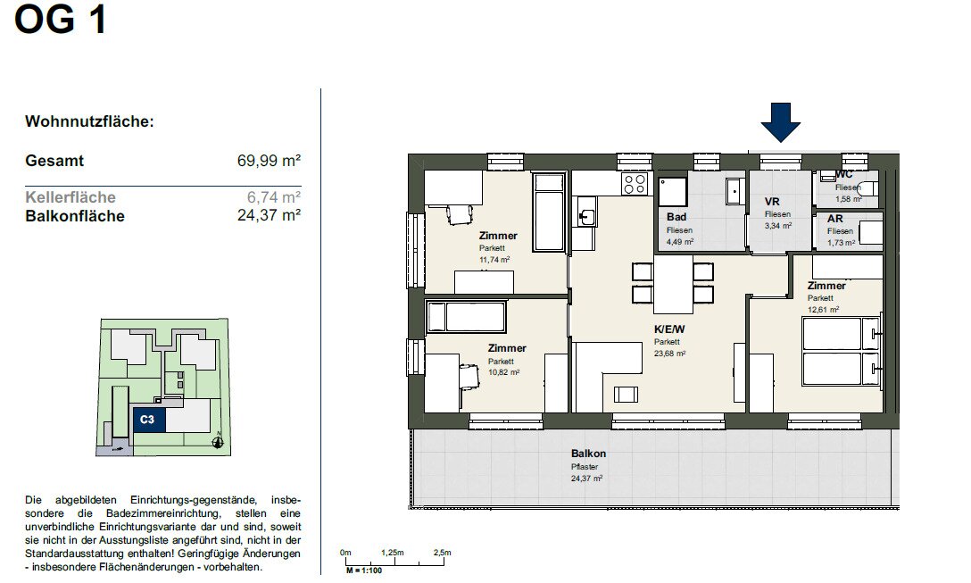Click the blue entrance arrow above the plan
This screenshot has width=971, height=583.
point(780,122)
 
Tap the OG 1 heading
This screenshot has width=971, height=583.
point(61,20)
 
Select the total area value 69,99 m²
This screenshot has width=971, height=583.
point(269,161)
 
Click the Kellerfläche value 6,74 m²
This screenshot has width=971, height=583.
point(274,197)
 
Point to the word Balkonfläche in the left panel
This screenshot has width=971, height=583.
point(75,216)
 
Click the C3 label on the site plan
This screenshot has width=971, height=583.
point(146,420)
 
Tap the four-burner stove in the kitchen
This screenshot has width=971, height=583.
point(635,184)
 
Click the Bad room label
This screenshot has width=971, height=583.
point(676,217)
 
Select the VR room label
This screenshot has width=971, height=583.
point(772,202)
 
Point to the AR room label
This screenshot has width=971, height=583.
point(834,219)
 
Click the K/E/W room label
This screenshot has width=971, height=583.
point(669,329)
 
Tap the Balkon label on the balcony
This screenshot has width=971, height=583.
point(588,454)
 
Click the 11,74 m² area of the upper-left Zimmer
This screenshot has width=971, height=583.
point(494,260)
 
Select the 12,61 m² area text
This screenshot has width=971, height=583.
point(823,310)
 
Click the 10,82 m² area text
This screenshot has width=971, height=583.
point(503,372)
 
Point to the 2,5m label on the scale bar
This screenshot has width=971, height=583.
point(442,553)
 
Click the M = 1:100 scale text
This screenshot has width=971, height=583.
point(364,571)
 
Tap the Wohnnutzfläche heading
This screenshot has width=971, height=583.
point(89,121)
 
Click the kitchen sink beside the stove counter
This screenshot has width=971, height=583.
point(585,216)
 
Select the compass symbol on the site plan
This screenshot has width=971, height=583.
point(218,442)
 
